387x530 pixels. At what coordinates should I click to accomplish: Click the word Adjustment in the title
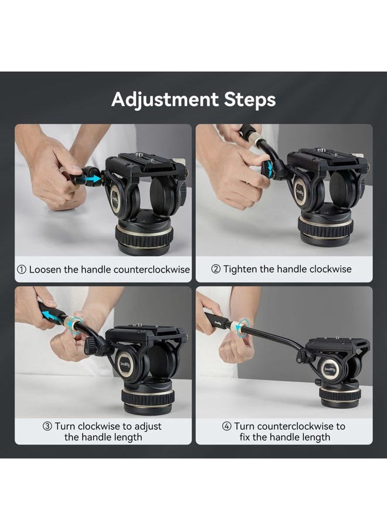(x=165, y=100)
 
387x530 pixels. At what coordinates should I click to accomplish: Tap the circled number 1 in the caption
(x=22, y=270)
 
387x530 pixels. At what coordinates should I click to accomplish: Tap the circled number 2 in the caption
(x=216, y=270)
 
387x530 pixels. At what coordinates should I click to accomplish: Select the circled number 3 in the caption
(x=47, y=426)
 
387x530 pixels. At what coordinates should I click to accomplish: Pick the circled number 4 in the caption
(x=227, y=426)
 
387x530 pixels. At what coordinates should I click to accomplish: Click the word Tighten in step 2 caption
(x=240, y=270)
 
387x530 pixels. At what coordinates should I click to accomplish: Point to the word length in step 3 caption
(x=128, y=437)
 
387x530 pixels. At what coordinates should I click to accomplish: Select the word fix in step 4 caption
(x=246, y=437)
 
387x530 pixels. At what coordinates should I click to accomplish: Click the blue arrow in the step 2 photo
(x=269, y=170)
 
